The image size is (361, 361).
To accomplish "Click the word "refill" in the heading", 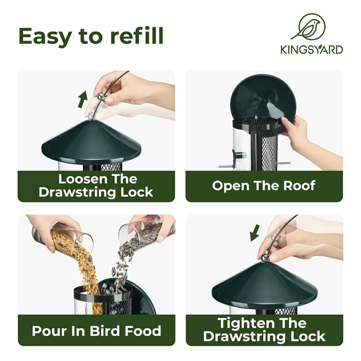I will (137, 36).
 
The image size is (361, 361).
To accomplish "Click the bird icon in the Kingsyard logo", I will (308, 27).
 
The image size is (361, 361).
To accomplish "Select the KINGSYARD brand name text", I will (312, 49).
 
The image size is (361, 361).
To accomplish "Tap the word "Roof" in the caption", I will (299, 186).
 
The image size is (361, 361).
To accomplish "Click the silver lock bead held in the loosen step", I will (101, 97).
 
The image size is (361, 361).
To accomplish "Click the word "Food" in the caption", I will (143, 331).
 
